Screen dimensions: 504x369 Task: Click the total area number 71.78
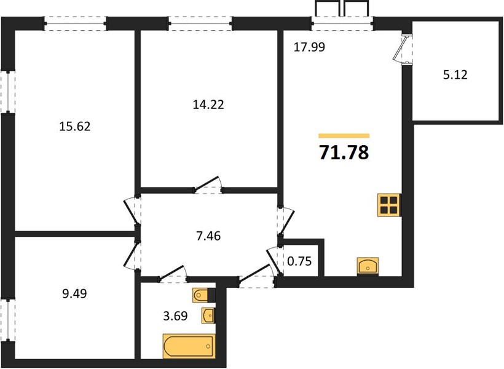(344, 152)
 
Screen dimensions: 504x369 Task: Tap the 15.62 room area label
(75, 127)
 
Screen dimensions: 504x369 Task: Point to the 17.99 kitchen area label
(310, 47)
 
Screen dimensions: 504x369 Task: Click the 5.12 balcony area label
(455, 74)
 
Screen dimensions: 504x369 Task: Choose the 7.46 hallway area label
(208, 236)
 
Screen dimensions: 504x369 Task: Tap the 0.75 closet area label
(299, 261)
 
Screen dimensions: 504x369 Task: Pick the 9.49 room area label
(74, 293)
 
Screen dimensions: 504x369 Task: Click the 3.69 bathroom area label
(175, 316)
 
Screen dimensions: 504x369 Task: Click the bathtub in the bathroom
(189, 346)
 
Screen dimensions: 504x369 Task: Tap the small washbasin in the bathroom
(208, 315)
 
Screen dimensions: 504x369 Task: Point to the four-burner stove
(389, 205)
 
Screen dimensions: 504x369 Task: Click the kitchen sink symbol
(368, 266)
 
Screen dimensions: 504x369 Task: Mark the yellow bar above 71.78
(344, 136)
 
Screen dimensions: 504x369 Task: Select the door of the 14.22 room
(207, 185)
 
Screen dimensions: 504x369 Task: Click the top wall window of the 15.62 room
(75, 23)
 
